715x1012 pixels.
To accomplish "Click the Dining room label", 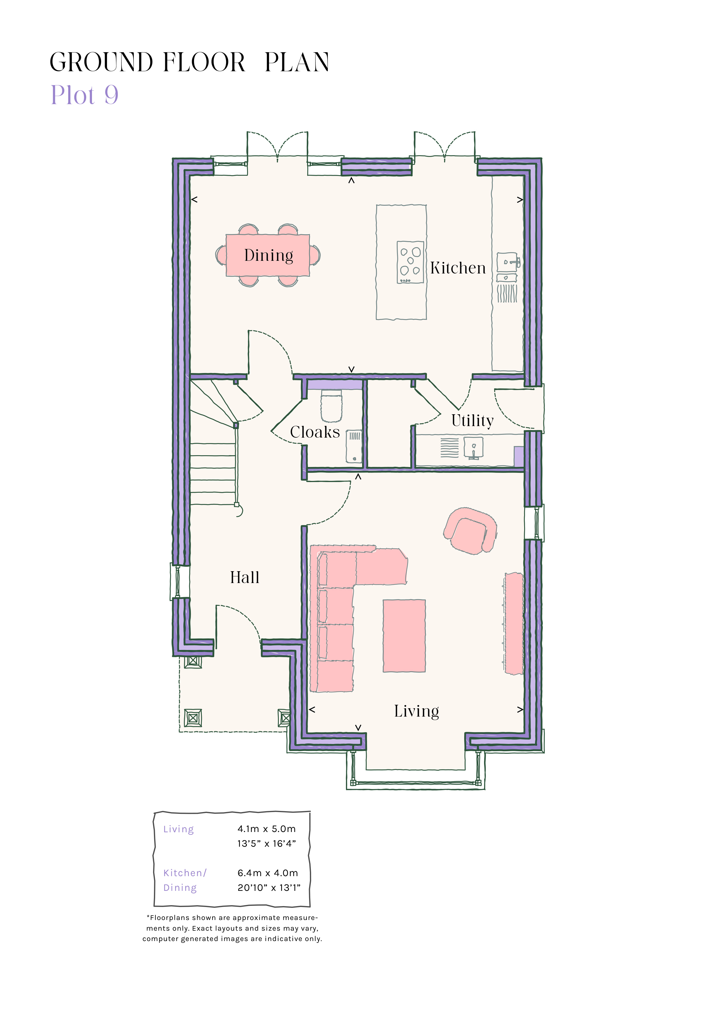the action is [268, 256].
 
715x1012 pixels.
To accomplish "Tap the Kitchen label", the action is [458, 268].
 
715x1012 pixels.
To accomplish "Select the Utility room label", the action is [472, 421].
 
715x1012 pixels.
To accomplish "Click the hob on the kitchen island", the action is [410, 262].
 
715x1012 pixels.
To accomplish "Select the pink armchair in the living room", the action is [470, 531].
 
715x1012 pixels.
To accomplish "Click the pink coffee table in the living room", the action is [404, 636].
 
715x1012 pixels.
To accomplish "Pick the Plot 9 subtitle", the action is [84, 95].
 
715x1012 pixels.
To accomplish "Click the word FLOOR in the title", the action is [204, 62].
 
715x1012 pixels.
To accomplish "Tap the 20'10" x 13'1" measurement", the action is [269, 888].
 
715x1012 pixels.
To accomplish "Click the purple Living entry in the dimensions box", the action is [178, 829].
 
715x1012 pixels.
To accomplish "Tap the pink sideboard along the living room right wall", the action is [514, 623].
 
